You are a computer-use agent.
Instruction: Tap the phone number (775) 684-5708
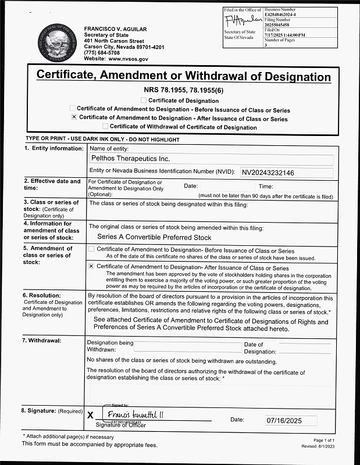point(102,53)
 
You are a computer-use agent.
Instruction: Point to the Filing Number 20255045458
point(280,25)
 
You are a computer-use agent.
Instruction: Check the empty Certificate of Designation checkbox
point(144,101)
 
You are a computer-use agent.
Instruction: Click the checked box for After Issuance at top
point(74,117)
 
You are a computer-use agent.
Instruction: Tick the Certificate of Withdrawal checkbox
point(105,126)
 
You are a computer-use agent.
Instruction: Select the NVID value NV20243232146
point(268,173)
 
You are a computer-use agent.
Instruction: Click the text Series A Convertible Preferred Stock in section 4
point(154,237)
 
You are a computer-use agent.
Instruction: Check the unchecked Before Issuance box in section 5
point(91,249)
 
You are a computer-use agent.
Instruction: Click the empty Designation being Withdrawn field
point(187,347)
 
